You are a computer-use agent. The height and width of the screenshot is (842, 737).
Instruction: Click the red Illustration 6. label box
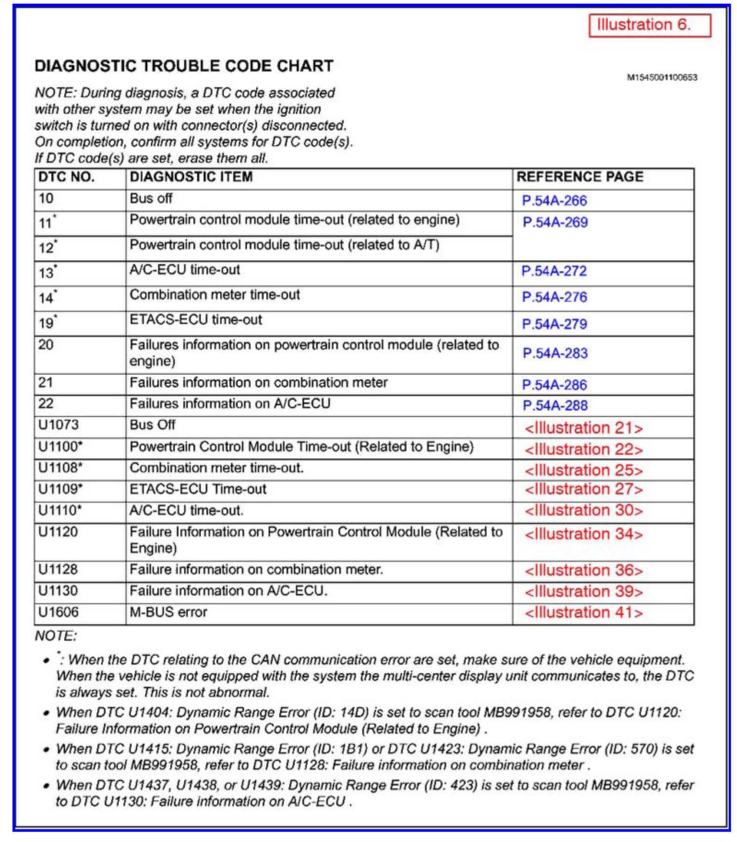point(649,25)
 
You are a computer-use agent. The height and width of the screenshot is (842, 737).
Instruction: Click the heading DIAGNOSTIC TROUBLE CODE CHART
point(184,66)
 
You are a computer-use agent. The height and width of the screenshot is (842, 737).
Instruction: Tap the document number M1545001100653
point(661,78)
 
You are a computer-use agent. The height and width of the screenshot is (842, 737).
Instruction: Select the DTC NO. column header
point(66,177)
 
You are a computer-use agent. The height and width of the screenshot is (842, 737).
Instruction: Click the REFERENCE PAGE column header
point(579,177)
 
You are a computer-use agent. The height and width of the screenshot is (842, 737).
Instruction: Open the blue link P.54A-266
point(554,201)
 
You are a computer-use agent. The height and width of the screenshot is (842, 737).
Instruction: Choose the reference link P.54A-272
point(554,271)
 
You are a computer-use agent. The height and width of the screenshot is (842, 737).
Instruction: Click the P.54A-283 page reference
point(555,353)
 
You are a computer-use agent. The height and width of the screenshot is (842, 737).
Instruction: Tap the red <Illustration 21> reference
point(583,428)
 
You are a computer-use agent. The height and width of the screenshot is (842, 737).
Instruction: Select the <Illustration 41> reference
point(583,613)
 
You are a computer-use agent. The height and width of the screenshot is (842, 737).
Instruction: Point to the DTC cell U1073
point(58,425)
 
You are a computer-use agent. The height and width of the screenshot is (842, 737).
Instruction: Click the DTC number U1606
point(58,612)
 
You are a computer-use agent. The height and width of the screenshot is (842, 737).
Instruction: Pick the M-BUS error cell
point(168,612)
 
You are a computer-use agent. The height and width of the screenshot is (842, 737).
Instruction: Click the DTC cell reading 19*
point(48,322)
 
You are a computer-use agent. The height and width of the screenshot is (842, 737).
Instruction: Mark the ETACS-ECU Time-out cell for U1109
point(198,489)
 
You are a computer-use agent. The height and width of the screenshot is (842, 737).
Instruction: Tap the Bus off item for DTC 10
point(151,198)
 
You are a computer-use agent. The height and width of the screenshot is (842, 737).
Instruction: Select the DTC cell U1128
point(58,569)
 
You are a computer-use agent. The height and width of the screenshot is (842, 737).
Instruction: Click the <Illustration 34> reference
point(583,534)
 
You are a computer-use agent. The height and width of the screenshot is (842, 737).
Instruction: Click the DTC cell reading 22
point(46,404)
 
